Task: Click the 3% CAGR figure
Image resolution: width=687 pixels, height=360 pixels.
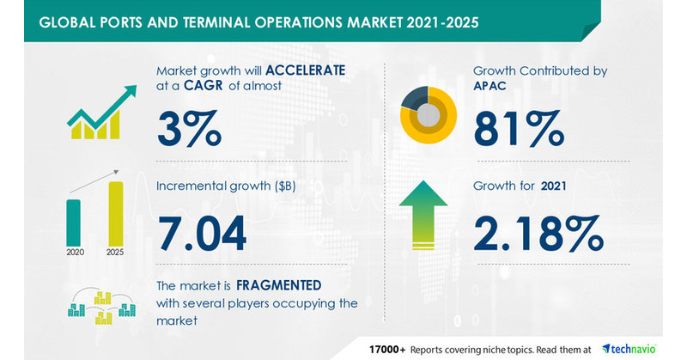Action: point(189,128)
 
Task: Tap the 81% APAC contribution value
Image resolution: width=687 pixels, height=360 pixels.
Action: point(519,128)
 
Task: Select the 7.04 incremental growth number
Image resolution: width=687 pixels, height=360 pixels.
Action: point(202,234)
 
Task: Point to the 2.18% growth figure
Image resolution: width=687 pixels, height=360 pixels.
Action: point(538,233)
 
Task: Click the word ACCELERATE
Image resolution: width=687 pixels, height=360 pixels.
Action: point(306,70)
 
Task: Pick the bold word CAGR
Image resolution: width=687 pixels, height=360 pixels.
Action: point(204,85)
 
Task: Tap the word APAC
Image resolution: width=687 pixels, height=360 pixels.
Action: point(489,86)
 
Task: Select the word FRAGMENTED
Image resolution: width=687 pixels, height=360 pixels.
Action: point(278,285)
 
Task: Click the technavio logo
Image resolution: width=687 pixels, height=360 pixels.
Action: point(629,349)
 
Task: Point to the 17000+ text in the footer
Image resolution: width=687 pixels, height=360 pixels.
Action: point(387,350)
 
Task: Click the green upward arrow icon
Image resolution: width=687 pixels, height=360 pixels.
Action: point(423,216)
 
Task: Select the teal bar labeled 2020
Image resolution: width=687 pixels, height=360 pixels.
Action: point(73,223)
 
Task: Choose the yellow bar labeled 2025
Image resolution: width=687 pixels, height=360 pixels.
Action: point(116,214)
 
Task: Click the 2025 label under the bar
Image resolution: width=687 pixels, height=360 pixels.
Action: point(115,252)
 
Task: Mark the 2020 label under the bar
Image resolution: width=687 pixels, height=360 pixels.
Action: point(76,252)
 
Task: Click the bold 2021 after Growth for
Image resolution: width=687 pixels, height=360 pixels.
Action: point(553,186)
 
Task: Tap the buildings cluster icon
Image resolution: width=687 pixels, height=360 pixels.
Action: point(101,307)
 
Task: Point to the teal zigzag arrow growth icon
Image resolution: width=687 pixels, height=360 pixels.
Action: point(101,112)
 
